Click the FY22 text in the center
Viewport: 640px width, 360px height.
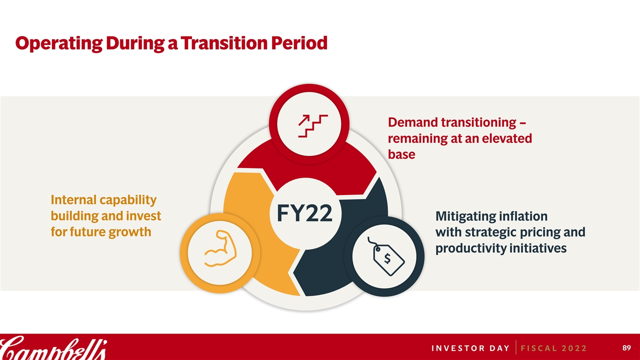click(304, 213)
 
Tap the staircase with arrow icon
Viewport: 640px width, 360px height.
click(313, 126)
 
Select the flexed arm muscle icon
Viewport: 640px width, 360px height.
click(220, 248)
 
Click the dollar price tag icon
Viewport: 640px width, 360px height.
click(385, 256)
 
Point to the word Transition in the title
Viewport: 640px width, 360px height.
click(223, 43)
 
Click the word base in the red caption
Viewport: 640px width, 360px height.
click(401, 154)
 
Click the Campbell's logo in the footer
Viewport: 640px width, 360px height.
click(53, 347)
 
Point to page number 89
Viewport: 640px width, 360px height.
click(626, 347)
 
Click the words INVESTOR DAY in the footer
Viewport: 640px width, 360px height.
click(470, 348)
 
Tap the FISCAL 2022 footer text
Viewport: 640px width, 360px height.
click(553, 348)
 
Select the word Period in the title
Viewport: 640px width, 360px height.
click(299, 43)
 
